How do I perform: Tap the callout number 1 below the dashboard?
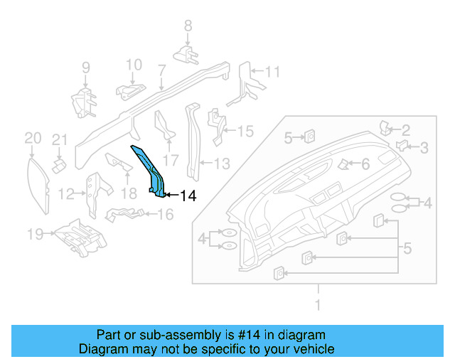click(318, 306)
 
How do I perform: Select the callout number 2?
click(406, 129)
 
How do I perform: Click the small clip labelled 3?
click(402, 146)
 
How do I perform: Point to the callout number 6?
click(365, 164)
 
